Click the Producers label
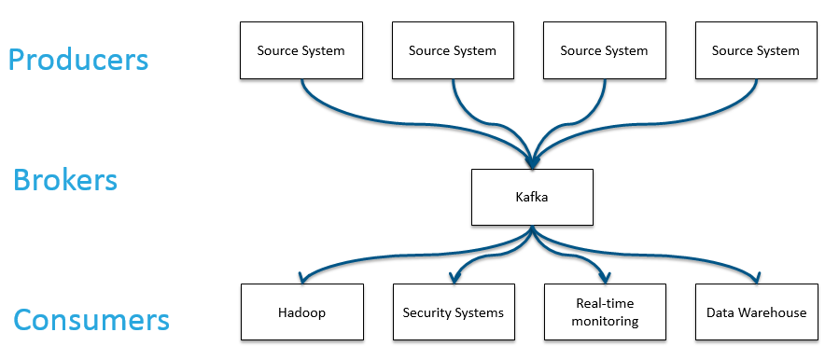tap(78, 60)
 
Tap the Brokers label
tap(65, 179)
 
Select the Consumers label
tap(91, 321)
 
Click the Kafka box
tap(532, 197)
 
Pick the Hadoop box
tap(301, 312)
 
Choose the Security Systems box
tap(453, 312)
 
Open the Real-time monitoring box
tap(605, 312)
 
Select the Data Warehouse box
tap(756, 312)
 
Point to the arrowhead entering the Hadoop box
tap(301, 278)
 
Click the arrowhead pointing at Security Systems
tap(454, 278)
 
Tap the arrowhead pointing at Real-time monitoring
tap(605, 278)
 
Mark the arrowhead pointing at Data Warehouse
tap(756, 278)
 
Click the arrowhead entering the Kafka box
tap(532, 163)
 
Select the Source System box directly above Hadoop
tap(301, 50)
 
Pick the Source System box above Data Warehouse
tap(756, 50)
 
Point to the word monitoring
tap(605, 321)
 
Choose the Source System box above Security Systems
tap(453, 50)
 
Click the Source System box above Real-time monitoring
tap(605, 50)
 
